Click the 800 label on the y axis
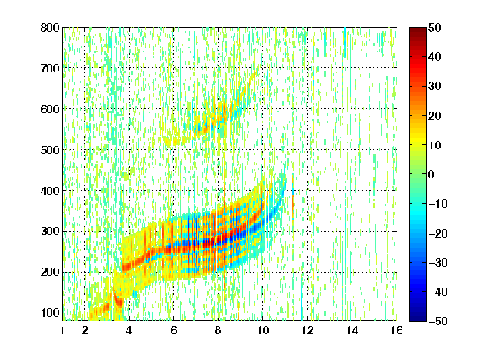coord(50,27)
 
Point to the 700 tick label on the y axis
coord(50,68)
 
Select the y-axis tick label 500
coord(50,150)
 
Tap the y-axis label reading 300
coord(50,231)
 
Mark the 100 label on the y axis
coord(50,312)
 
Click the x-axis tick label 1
coord(62,330)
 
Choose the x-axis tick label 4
coord(129,330)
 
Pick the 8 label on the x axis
coord(218,330)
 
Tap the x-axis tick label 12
coord(307,330)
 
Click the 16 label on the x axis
coord(397,330)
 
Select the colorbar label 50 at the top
coord(434,27)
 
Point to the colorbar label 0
coord(431,174)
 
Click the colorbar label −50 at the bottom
coord(438,321)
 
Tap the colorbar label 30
coord(434,87)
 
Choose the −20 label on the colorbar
coord(438,233)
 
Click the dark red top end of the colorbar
coord(417,29)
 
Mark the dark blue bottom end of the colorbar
coord(417,318)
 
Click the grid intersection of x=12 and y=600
coord(307,108)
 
